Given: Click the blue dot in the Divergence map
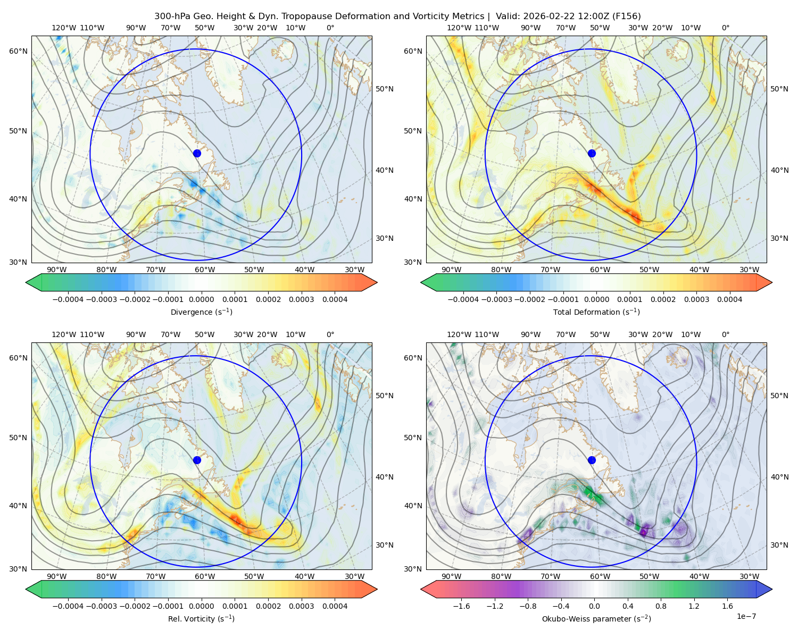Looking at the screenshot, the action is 197,153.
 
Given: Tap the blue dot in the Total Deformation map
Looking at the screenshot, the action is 592,153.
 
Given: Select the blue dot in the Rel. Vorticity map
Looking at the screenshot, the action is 197,460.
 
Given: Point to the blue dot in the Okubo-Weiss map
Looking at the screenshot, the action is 592,460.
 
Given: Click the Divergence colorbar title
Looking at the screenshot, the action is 201,312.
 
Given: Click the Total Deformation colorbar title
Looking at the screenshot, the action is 596,312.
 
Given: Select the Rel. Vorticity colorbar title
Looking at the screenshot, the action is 201,618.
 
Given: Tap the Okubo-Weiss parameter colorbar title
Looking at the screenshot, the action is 596,618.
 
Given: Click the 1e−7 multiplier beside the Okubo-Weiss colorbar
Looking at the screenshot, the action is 746,616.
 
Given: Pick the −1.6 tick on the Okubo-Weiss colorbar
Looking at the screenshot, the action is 461,606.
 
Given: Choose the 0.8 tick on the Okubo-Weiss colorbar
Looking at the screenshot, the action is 661,606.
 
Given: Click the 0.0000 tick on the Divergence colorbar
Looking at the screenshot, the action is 201,299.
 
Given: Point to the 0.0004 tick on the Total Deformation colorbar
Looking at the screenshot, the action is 729,299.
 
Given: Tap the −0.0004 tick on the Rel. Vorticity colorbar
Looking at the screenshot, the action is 68,606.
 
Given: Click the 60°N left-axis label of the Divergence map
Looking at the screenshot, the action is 18,51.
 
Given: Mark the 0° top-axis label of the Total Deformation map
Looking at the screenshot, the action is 726,28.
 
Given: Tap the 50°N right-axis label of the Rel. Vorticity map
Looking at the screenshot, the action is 385,395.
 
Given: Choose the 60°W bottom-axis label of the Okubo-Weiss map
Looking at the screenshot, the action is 600,576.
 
